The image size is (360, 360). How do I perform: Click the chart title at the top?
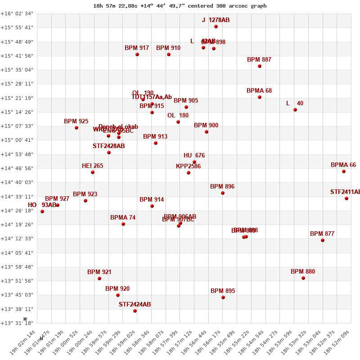point(180,6)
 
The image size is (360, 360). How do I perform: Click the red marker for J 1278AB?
point(216,27)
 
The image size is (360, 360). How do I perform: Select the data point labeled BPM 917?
point(137,54)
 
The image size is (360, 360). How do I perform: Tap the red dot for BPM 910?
point(169,54)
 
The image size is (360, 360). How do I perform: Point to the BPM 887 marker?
point(260,66)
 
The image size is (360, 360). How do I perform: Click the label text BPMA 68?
point(259,91)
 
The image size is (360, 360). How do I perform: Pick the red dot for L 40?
point(295,110)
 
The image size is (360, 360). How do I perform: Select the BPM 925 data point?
point(76,128)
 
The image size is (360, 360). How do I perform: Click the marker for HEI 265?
point(93,172)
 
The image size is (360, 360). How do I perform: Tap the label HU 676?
point(194,156)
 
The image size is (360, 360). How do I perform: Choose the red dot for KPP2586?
point(189,173)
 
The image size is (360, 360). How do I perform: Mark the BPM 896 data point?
point(223,193)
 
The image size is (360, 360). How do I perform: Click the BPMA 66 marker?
point(344,171)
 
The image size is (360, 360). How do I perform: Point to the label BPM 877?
point(322,234)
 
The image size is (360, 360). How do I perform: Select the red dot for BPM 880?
point(303,278)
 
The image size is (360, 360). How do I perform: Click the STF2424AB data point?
point(135,311)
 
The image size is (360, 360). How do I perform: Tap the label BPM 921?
point(99,272)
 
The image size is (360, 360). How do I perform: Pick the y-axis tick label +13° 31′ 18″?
point(17,323)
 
